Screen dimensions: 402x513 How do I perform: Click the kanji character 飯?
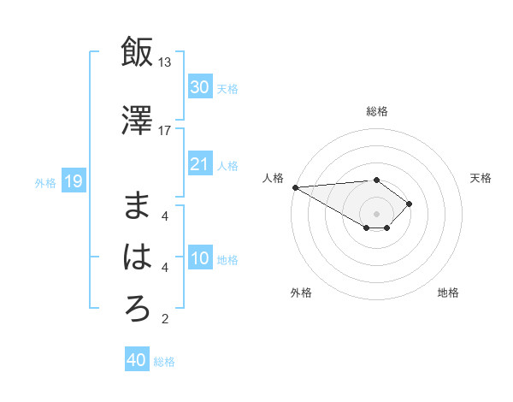point(138,51)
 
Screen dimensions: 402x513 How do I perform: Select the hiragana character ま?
point(138,205)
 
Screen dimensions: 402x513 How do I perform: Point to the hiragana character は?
point(138,257)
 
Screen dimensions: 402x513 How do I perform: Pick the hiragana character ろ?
point(138,309)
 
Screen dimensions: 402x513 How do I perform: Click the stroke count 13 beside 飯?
point(165,62)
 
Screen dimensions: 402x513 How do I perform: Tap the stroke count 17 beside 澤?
point(165,131)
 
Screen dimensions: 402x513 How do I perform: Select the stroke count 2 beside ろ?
point(165,320)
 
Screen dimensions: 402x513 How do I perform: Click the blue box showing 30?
point(200,87)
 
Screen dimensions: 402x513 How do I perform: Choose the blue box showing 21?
point(200,164)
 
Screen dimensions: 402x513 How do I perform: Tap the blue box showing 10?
point(200,259)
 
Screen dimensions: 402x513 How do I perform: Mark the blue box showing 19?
point(73,181)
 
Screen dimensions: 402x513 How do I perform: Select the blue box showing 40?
point(137,360)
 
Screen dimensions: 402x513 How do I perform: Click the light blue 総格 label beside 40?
point(165,362)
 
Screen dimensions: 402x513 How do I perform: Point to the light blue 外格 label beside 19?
point(45,182)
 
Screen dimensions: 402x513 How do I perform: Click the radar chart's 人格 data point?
point(295,187)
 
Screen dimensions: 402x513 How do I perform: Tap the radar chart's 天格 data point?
point(410,204)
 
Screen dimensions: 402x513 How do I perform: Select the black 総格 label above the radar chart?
point(377,111)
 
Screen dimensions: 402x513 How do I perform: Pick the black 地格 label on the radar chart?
point(448,293)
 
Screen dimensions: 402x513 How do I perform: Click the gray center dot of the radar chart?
point(376,213)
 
